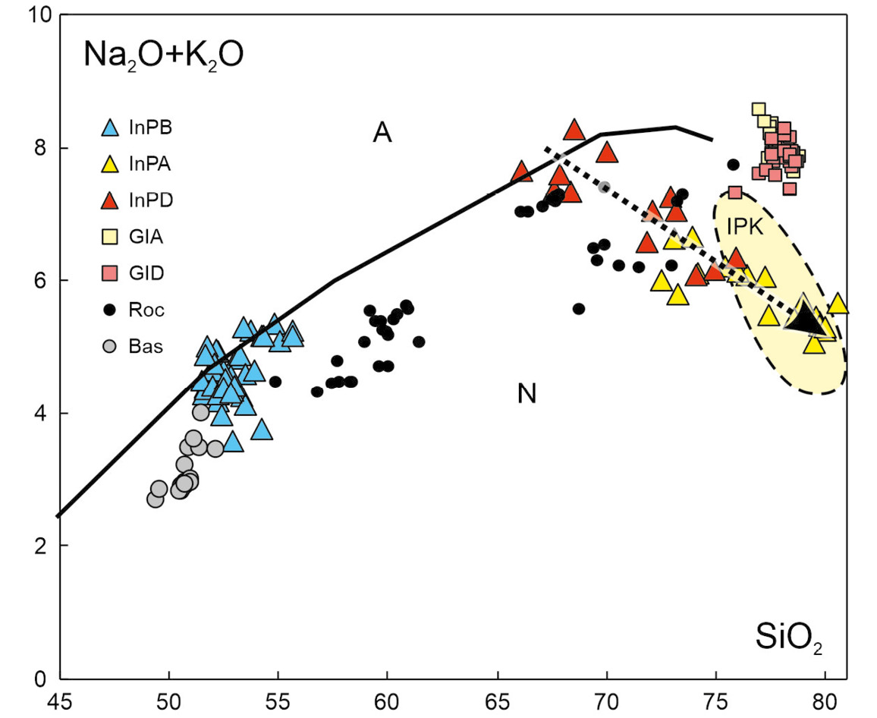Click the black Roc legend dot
click(111, 310)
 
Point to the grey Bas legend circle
click(111, 346)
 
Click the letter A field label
click(382, 134)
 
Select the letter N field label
click(527, 394)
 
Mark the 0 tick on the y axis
click(46, 678)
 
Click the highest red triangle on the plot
click(574, 130)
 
